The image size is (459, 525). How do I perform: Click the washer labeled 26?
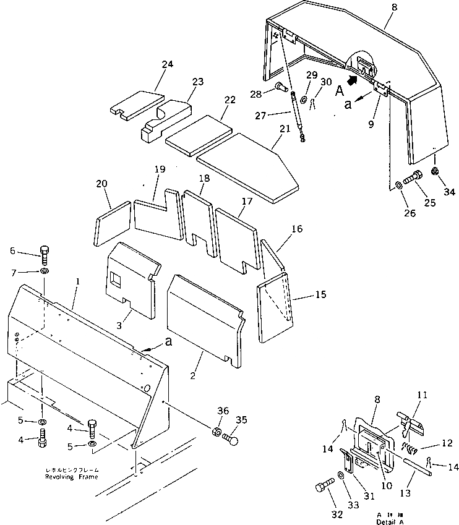[397, 184]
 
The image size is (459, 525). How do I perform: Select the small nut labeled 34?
[436, 170]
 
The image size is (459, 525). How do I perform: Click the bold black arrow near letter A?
[353, 79]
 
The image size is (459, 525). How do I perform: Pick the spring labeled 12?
[410, 446]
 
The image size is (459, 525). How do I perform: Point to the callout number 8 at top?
[377, 7]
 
